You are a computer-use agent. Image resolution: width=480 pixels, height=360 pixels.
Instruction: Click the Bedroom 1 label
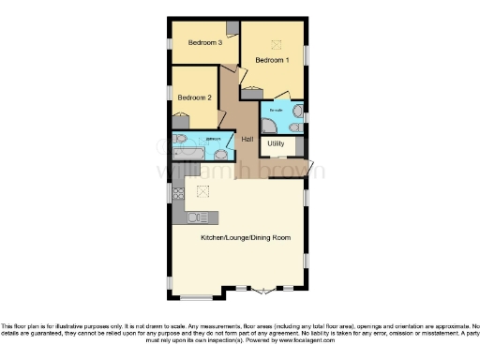(274, 61)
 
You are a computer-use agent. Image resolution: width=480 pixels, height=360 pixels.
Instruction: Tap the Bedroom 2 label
(196, 97)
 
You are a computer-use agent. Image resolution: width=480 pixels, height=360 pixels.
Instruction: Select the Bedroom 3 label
(204, 42)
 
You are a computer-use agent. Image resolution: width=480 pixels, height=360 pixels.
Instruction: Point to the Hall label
(247, 140)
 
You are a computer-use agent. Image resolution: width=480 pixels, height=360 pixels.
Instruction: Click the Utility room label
(276, 143)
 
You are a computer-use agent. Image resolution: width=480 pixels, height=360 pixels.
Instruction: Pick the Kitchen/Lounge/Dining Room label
(246, 238)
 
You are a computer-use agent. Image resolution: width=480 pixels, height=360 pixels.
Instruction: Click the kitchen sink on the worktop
(196, 218)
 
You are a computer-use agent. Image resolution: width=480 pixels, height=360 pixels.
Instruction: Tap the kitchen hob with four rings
(178, 194)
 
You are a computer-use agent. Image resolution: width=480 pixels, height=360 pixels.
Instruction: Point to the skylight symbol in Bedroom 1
(276, 43)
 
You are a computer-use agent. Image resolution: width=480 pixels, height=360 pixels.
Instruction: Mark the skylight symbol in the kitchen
(202, 191)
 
